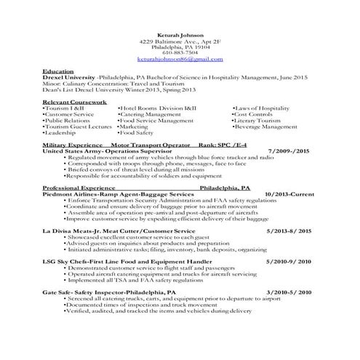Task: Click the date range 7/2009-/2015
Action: pyautogui.click(x=289, y=151)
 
